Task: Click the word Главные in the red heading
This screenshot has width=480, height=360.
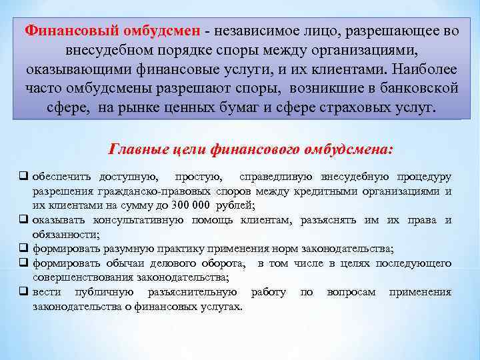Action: (136, 150)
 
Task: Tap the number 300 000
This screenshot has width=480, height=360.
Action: (200, 205)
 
